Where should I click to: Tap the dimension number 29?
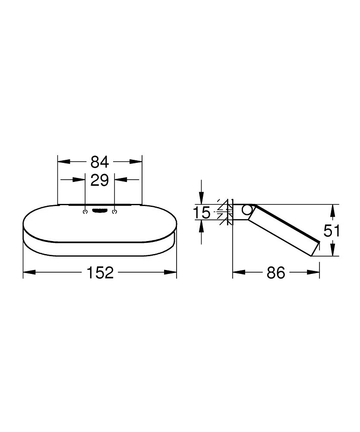click(100, 180)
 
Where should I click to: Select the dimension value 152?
click(100, 272)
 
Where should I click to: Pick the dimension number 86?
click(276, 273)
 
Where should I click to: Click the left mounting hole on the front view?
click(85, 211)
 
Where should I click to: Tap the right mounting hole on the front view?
click(114, 211)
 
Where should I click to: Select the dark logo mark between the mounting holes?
click(100, 211)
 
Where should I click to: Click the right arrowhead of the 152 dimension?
click(173, 272)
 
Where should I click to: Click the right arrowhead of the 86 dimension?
click(316, 272)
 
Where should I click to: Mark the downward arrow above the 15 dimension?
click(201, 198)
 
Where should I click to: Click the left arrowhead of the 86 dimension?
click(237, 272)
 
